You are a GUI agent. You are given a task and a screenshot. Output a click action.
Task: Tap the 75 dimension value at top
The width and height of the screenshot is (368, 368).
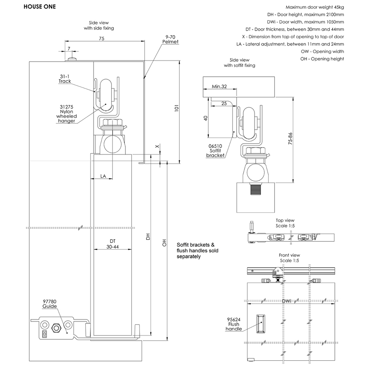pos(101,38)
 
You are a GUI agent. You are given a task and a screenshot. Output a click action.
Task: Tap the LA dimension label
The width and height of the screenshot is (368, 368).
pos(103,176)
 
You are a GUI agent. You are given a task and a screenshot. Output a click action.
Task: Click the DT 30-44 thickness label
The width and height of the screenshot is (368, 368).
pos(112,244)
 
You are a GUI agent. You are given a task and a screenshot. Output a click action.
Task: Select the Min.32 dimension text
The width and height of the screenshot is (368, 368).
pos(219,87)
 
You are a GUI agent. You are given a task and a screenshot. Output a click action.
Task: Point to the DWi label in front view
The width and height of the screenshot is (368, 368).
pos(287,301)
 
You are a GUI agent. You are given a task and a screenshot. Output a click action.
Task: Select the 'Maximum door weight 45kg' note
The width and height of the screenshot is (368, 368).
pos(315,7)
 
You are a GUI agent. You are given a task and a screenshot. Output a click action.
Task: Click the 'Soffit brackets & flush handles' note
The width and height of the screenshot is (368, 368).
pos(198,251)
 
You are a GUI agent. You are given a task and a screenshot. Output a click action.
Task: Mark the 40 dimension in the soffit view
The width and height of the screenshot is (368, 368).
pos(206,118)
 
